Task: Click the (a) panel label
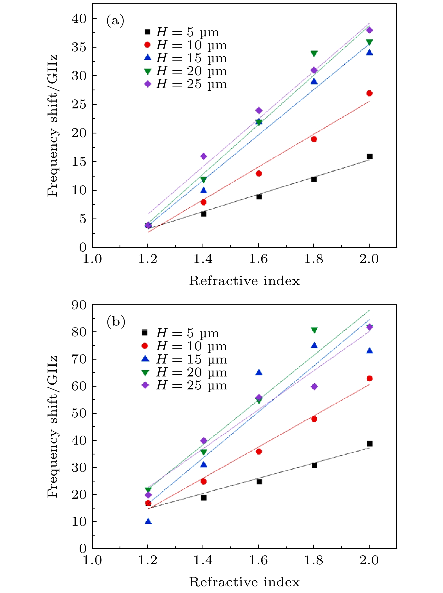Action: (x=115, y=21)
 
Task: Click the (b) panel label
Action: (x=116, y=322)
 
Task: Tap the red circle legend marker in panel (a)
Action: (x=147, y=45)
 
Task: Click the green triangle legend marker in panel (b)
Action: (x=145, y=373)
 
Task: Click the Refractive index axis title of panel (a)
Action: (x=244, y=281)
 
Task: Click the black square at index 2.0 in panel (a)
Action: (x=370, y=156)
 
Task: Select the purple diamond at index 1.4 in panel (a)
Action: (x=203, y=156)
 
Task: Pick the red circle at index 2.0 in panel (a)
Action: (x=369, y=93)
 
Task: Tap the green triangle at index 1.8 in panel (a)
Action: (x=314, y=53)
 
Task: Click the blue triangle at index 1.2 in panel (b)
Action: (x=148, y=521)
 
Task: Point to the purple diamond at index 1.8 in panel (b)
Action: (x=314, y=387)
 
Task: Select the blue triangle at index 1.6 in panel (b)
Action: (x=259, y=373)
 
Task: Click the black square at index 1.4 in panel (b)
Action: (x=204, y=498)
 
